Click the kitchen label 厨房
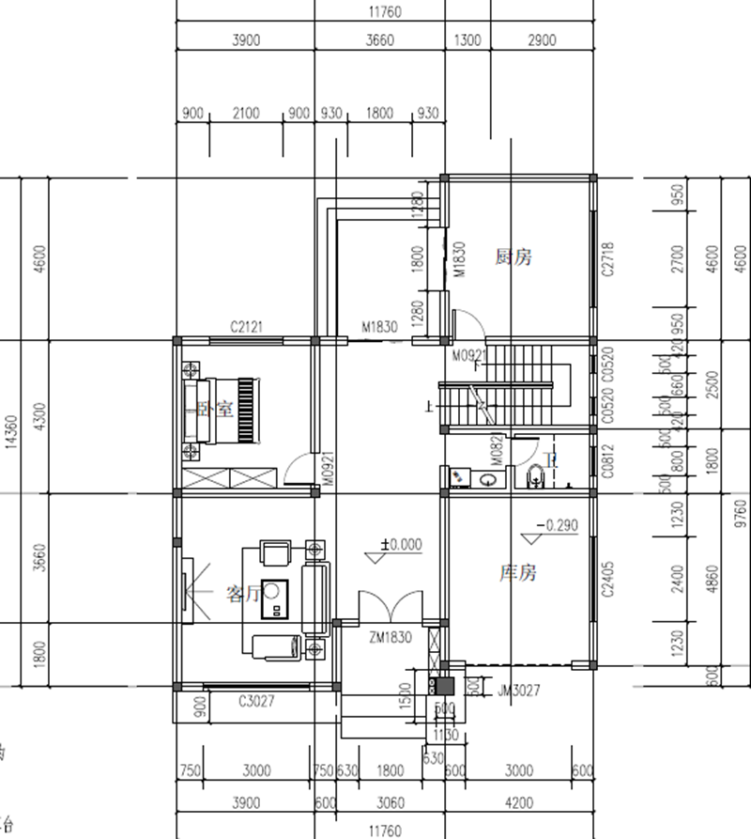tap(513, 256)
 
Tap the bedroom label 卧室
tap(215, 410)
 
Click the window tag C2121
tap(246, 327)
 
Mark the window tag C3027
tap(256, 700)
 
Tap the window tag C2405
tap(607, 580)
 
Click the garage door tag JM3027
tap(519, 691)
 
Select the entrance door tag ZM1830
tap(389, 637)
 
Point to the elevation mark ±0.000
tap(401, 544)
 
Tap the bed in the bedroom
tap(222, 410)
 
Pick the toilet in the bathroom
tap(536, 475)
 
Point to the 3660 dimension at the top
tap(381, 40)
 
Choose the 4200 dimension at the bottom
tap(517, 803)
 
